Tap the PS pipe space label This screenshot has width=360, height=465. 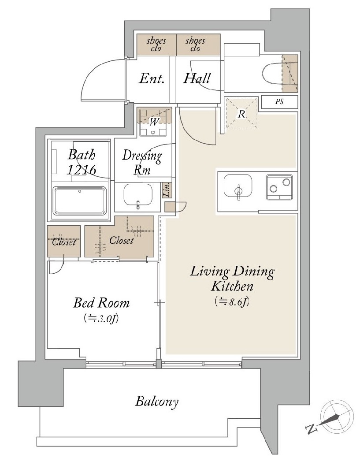[279, 102]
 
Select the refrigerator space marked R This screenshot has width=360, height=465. [241, 113]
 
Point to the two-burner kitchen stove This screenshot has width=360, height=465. [279, 186]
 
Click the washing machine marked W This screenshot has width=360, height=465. [154, 122]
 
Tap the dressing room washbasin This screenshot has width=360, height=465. [138, 194]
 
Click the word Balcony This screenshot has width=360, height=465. [156, 402]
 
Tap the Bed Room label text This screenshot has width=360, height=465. [101, 303]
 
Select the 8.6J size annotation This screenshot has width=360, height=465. [231, 301]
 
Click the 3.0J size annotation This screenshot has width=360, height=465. [101, 319]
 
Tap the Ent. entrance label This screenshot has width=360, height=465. [152, 78]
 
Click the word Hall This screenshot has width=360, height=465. [197, 78]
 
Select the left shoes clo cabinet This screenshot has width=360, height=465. [156, 45]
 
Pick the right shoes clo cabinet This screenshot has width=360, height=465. [198, 45]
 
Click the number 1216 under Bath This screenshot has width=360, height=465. [82, 170]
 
